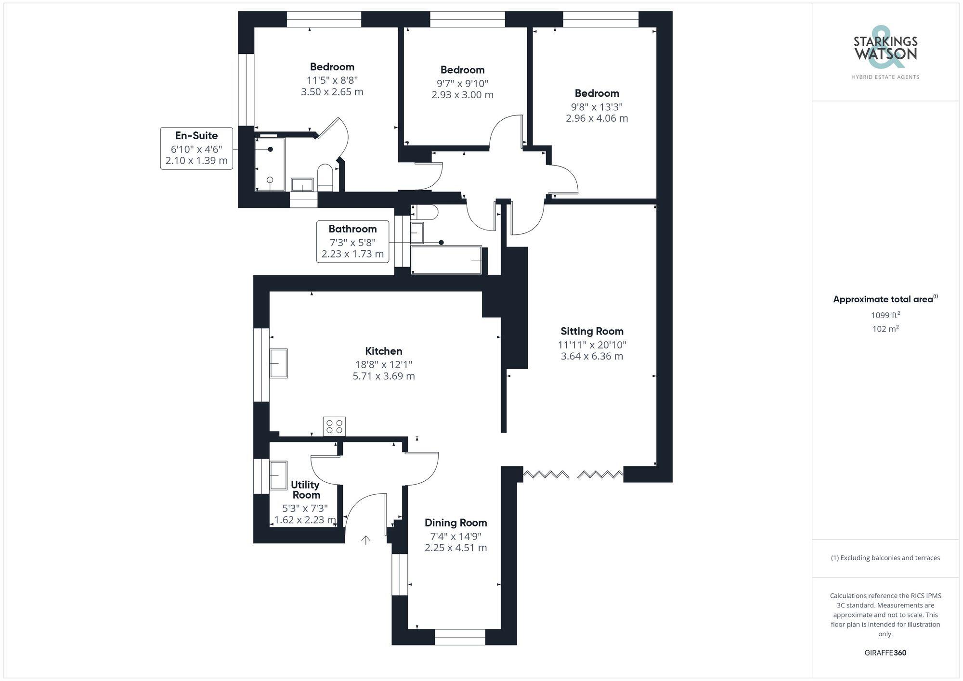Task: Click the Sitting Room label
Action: point(592,331)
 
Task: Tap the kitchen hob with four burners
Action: point(334,426)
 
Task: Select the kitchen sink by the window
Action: point(278,363)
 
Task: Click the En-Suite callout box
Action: point(196,148)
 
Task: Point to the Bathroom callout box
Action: point(352,242)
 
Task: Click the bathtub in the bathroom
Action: point(446,260)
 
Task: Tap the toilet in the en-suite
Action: point(325,177)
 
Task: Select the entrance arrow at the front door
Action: point(366,540)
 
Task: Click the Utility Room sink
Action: point(278,475)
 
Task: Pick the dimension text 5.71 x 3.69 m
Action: point(384,376)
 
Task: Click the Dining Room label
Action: point(455,523)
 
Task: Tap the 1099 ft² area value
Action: point(885,316)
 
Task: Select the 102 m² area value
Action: point(885,329)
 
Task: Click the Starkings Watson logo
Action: point(885,51)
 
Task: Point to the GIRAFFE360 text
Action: point(885,653)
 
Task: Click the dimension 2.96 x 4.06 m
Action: point(597,118)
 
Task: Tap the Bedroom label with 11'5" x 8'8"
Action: point(332,67)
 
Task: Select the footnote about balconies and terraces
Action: point(885,558)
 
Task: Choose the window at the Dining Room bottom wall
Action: point(460,637)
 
